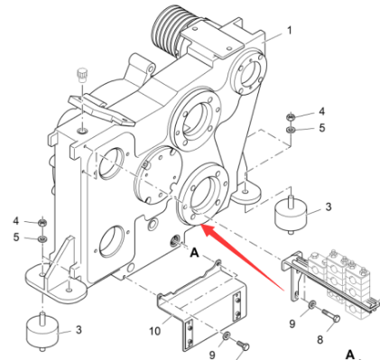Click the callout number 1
[289, 30]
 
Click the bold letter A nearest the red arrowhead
[193, 254]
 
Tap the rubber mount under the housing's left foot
[42, 331]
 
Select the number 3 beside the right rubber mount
[328, 207]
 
